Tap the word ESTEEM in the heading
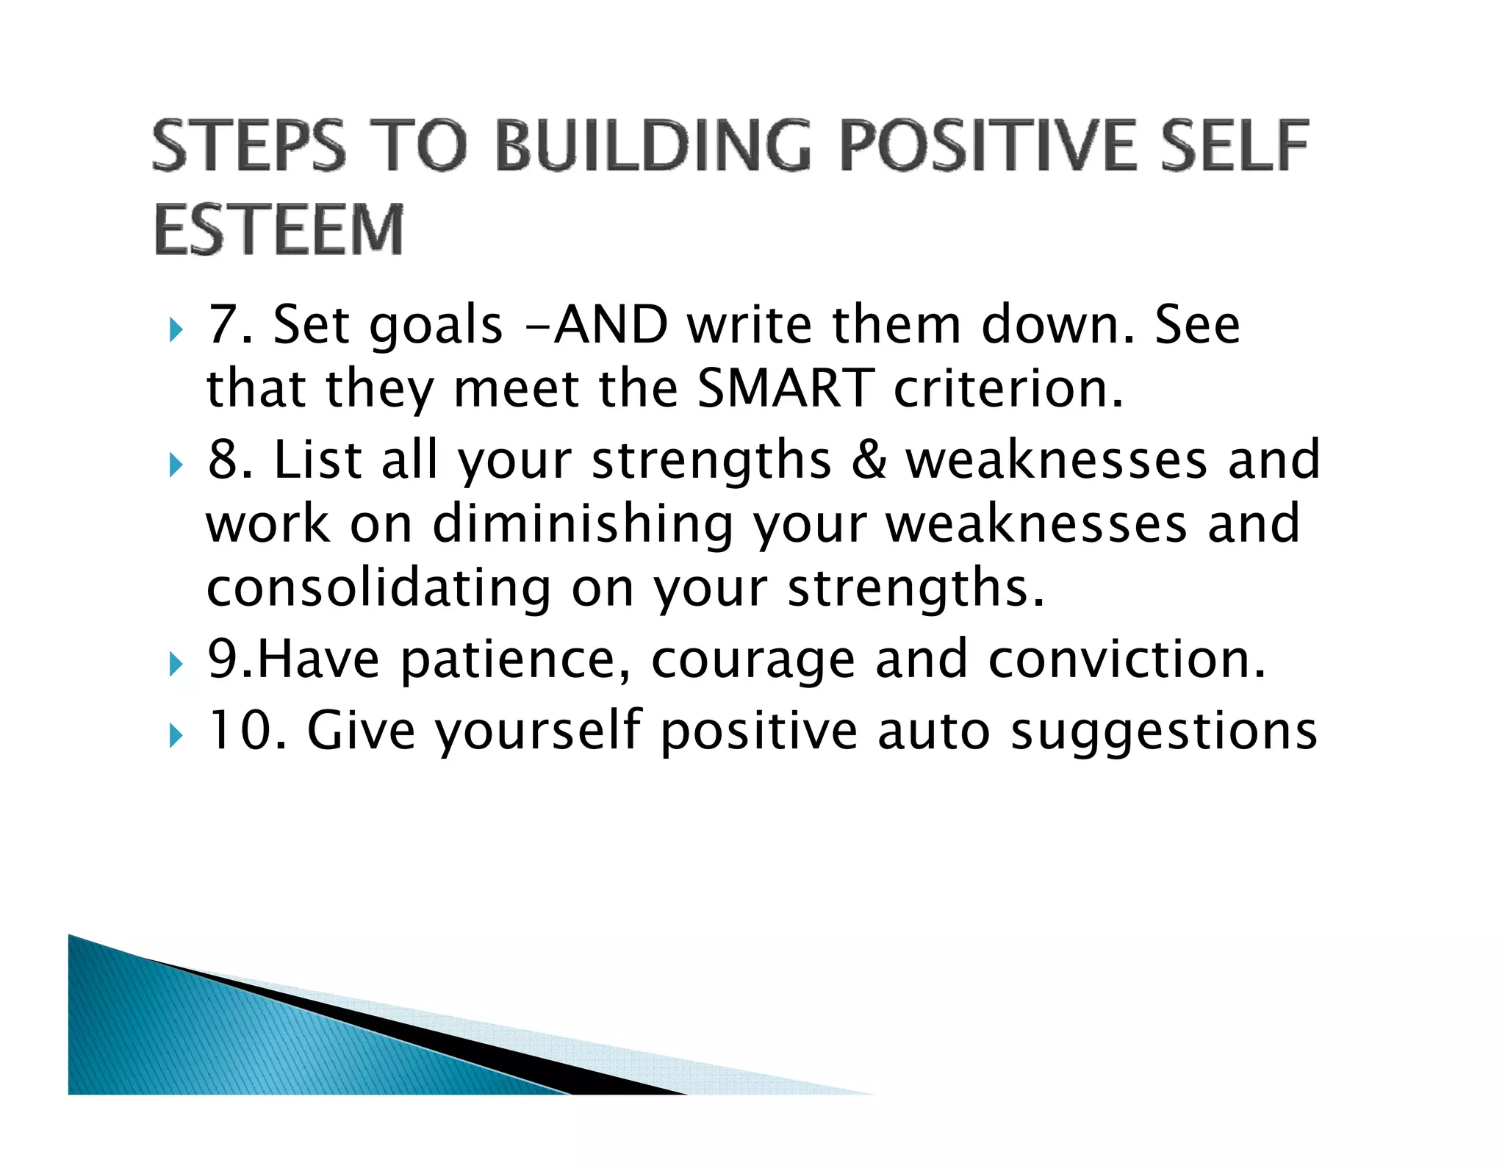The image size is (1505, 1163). (x=279, y=230)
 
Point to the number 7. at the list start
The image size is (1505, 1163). (x=230, y=324)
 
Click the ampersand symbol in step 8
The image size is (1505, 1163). (x=869, y=460)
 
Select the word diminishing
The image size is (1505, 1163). (x=582, y=525)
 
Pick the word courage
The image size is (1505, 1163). (x=752, y=659)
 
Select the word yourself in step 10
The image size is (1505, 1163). (x=538, y=730)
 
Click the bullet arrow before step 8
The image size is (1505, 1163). (x=174, y=465)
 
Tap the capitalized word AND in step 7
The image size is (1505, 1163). (x=610, y=324)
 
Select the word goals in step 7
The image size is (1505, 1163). (x=435, y=326)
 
